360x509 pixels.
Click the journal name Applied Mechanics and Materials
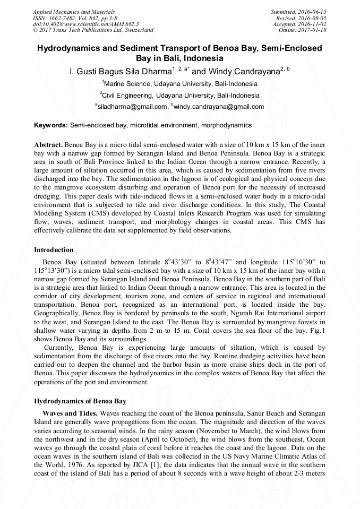point(73,12)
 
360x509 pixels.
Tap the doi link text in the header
point(85,24)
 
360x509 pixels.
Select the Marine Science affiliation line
point(179,84)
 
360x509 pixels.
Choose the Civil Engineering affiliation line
point(179,96)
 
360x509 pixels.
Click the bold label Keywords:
point(51,125)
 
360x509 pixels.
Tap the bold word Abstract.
point(49,145)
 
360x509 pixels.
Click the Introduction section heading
point(54,249)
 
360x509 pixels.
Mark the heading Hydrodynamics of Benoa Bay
point(80,401)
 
